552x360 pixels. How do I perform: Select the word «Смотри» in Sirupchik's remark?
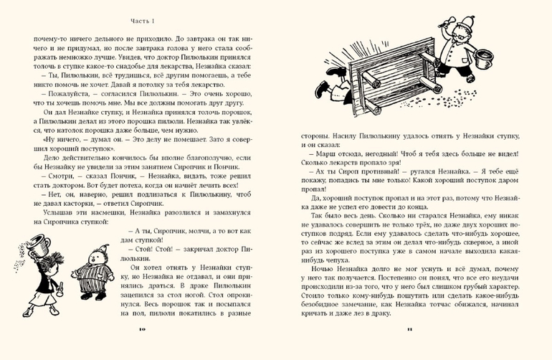point(50,172)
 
